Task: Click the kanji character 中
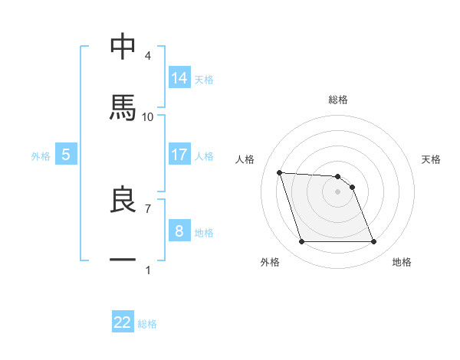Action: (x=123, y=47)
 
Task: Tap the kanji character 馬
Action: (x=123, y=108)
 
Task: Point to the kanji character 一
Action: (x=123, y=260)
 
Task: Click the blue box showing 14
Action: (x=179, y=78)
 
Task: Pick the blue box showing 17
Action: (x=179, y=155)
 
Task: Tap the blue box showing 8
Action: (x=179, y=231)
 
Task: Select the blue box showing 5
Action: (x=66, y=155)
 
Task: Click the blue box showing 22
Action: (x=123, y=322)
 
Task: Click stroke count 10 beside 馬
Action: (x=148, y=116)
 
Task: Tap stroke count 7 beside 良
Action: (x=148, y=208)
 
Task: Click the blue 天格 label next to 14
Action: (x=204, y=80)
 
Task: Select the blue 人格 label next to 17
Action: (x=204, y=156)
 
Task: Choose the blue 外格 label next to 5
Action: (x=41, y=156)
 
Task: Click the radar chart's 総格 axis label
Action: (x=338, y=100)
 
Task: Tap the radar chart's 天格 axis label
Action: (x=431, y=159)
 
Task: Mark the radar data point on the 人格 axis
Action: (x=280, y=172)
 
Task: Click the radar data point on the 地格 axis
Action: (x=373, y=242)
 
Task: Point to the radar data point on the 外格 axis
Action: (x=301, y=242)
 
